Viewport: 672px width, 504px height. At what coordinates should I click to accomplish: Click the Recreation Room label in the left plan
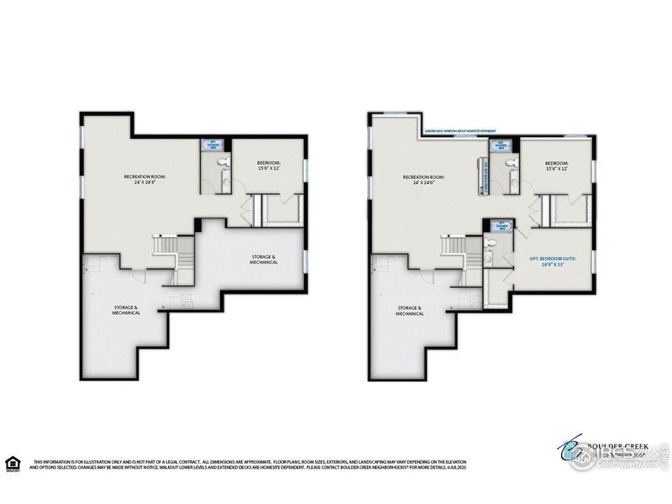pos(145,180)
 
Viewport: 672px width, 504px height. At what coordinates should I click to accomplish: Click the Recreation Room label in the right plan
pos(423,180)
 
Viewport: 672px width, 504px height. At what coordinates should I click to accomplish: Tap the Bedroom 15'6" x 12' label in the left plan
pos(270,165)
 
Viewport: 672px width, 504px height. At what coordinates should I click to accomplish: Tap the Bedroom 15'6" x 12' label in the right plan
pos(556,166)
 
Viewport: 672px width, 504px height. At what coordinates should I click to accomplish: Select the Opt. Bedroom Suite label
pos(552,261)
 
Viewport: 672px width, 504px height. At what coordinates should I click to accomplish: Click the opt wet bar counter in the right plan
pos(484,177)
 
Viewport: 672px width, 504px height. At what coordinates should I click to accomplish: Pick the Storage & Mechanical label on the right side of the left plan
pos(263,259)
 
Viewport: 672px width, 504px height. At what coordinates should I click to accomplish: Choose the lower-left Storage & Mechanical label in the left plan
pos(127,310)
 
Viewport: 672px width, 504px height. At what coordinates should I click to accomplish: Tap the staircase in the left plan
pos(164,249)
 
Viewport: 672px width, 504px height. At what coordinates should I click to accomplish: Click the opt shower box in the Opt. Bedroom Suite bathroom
pos(502,225)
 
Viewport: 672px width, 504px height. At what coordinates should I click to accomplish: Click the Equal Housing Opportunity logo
pos(11,463)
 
